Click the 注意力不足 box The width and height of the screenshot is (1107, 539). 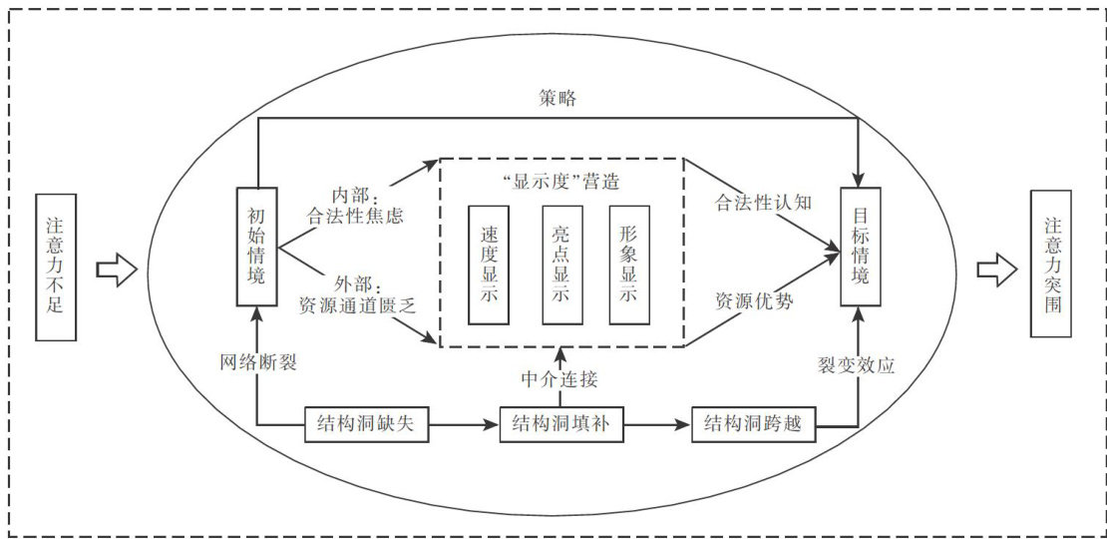55,267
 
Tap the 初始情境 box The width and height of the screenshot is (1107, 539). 256,246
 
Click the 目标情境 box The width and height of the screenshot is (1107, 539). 861,246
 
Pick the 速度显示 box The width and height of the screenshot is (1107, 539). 489,266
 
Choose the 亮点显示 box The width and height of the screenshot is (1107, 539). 560,266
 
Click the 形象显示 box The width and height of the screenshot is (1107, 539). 629,266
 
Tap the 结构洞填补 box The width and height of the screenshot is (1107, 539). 562,425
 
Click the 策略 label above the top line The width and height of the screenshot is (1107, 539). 560,99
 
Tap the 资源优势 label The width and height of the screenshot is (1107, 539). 754,301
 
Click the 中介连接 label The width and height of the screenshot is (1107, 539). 560,379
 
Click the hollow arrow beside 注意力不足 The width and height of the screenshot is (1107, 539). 117,268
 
